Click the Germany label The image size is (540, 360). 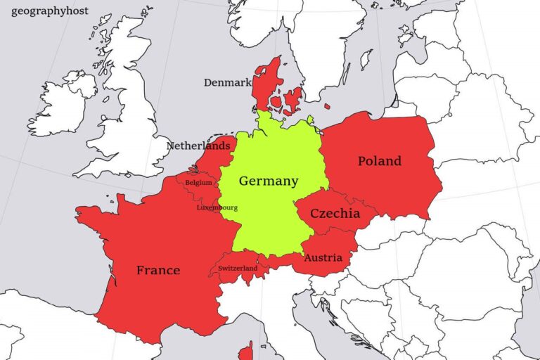[269, 181]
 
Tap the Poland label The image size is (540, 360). [380, 161]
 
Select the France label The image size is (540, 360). [158, 270]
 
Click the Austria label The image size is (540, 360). [323, 258]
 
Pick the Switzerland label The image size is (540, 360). [238, 268]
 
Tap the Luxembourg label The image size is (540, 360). [217, 208]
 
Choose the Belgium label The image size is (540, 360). [198, 183]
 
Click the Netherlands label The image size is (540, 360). [198, 146]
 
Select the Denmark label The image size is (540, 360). [227, 82]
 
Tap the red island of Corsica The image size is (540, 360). [245, 349]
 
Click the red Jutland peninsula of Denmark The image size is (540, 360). [266, 84]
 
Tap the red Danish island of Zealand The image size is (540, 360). [294, 98]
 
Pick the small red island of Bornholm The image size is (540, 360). [327, 106]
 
